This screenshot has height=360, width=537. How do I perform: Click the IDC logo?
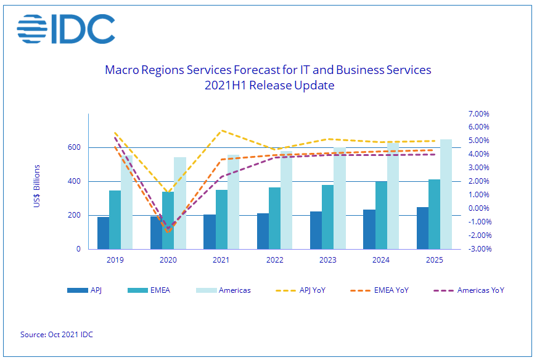66,29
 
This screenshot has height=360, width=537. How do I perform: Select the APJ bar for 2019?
103,233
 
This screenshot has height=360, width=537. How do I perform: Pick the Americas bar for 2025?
446,194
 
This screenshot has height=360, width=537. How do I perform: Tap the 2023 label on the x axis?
328,260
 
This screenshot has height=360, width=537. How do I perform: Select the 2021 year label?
221,260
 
